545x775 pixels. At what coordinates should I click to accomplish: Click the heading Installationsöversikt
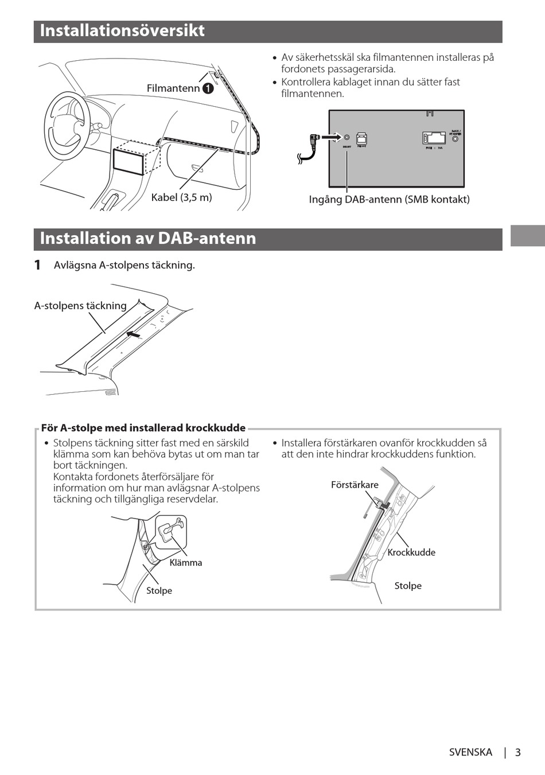(122, 31)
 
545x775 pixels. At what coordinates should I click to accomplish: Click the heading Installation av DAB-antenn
(148, 239)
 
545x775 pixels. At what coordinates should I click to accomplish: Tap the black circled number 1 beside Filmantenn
(208, 88)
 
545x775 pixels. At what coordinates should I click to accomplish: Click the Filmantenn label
(173, 88)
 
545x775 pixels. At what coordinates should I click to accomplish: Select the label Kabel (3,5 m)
(181, 197)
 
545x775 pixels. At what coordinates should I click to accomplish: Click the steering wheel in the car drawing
(68, 128)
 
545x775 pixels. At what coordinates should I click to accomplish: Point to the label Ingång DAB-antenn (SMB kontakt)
(389, 200)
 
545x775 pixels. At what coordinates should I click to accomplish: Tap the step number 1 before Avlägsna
(37, 265)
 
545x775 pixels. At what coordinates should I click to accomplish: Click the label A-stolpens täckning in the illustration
(80, 306)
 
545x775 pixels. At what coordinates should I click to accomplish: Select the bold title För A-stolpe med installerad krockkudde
(143, 428)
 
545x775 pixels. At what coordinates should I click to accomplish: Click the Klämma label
(186, 563)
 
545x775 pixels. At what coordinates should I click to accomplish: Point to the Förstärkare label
(355, 485)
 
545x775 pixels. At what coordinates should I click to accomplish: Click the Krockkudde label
(411, 552)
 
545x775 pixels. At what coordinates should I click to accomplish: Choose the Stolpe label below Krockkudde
(408, 586)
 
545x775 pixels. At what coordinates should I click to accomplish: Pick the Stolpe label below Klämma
(159, 591)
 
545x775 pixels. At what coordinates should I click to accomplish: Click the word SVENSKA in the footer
(470, 752)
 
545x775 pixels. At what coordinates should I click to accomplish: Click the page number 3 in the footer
(517, 752)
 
